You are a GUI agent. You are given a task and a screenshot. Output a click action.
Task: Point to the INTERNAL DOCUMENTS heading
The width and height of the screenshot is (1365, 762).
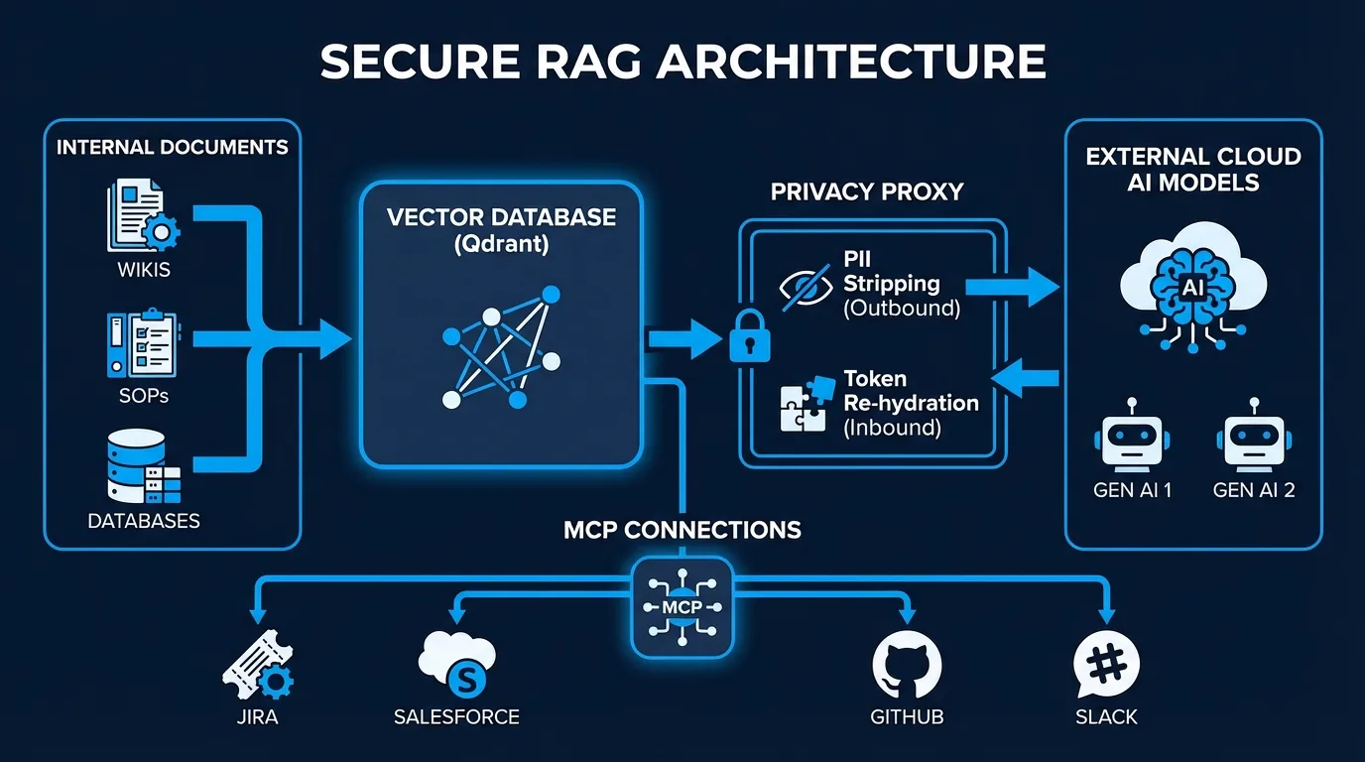(x=173, y=148)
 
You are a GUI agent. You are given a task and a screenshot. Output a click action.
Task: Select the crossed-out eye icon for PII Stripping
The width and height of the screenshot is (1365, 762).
(x=805, y=287)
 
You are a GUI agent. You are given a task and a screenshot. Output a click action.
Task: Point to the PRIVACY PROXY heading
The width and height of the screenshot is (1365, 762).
(x=867, y=191)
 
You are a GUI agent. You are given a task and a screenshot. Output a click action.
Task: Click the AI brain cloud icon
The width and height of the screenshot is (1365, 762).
(x=1193, y=282)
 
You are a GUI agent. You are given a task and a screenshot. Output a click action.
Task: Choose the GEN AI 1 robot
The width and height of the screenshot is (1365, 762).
(x=1131, y=437)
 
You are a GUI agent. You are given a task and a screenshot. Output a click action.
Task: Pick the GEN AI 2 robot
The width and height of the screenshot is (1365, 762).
(x=1254, y=437)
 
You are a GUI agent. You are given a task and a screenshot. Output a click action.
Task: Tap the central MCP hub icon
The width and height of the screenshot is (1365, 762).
(x=682, y=606)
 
